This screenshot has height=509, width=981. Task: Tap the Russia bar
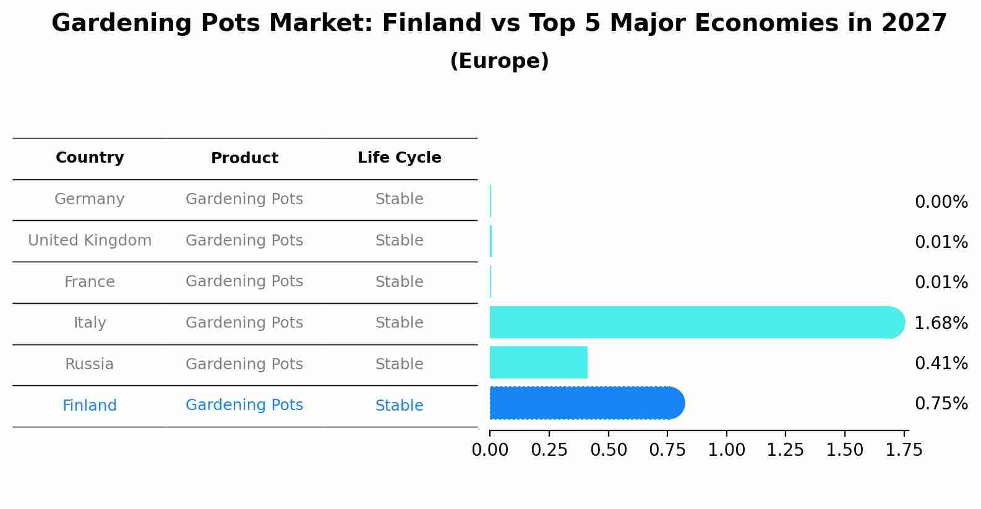click(538, 362)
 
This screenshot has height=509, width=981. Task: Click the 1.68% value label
click(941, 323)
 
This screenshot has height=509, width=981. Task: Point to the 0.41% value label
click(941, 363)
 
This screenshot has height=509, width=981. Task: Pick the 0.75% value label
click(941, 404)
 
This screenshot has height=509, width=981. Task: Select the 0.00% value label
click(941, 202)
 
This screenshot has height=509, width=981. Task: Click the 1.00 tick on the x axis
click(726, 450)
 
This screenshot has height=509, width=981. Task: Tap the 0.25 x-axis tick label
click(549, 450)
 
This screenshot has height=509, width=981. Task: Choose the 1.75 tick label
click(904, 450)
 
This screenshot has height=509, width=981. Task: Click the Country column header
click(90, 158)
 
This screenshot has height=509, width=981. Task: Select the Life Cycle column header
click(399, 158)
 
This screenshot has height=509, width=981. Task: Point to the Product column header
click(244, 158)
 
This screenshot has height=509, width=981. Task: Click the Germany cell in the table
click(90, 199)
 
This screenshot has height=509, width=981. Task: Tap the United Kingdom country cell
click(90, 241)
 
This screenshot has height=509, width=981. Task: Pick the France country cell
click(90, 282)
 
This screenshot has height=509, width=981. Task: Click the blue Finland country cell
click(90, 406)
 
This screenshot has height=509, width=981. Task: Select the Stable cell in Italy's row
click(399, 323)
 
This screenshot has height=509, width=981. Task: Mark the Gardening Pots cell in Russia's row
click(244, 364)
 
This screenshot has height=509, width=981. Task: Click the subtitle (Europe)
click(499, 61)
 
